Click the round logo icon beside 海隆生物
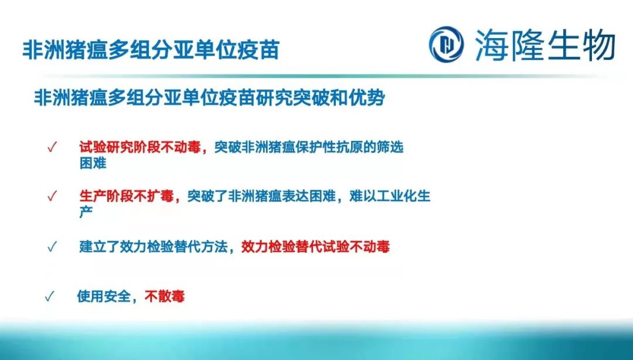click(446, 43)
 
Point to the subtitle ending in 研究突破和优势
click(209, 97)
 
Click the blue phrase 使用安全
click(104, 297)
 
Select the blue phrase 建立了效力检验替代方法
click(154, 247)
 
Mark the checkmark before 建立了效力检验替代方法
click(52, 247)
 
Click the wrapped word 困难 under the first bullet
click(93, 164)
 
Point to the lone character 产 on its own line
click(86, 212)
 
